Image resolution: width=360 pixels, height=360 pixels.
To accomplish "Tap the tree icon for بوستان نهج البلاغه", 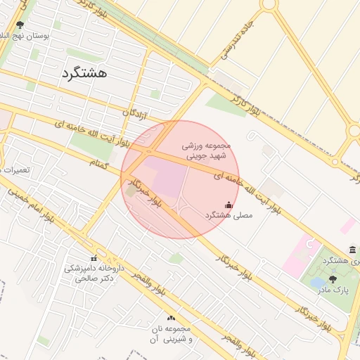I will coord(19,25).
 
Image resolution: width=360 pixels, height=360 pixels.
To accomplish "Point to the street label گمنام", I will coord(100,163).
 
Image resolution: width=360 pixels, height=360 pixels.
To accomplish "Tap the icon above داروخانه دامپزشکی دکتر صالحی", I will coord(94,257).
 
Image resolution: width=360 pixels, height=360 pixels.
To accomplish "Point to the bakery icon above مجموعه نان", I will coord(171,319).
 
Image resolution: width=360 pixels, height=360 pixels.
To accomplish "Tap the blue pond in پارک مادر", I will coord(317,283).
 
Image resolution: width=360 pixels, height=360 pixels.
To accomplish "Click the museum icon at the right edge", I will coord(352,250).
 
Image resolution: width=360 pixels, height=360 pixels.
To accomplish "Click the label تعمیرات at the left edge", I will coord(14,170).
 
